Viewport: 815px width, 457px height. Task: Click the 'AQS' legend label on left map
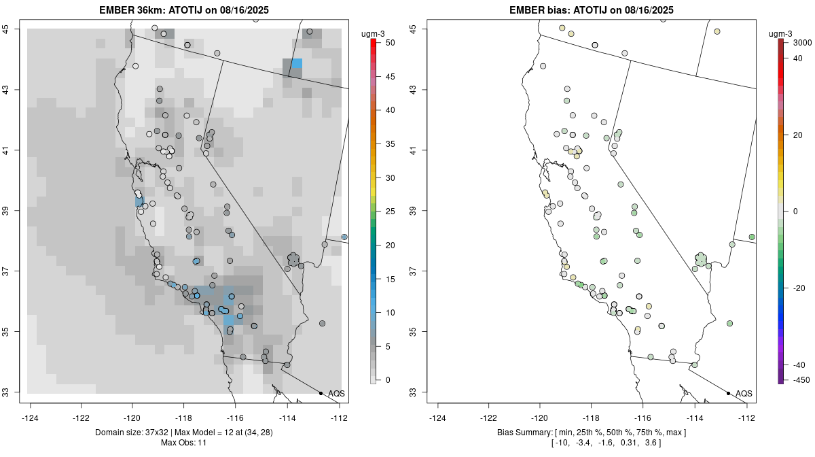pyautogui.click(x=336, y=394)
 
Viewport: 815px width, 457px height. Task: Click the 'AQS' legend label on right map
pyautogui.click(x=744, y=394)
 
